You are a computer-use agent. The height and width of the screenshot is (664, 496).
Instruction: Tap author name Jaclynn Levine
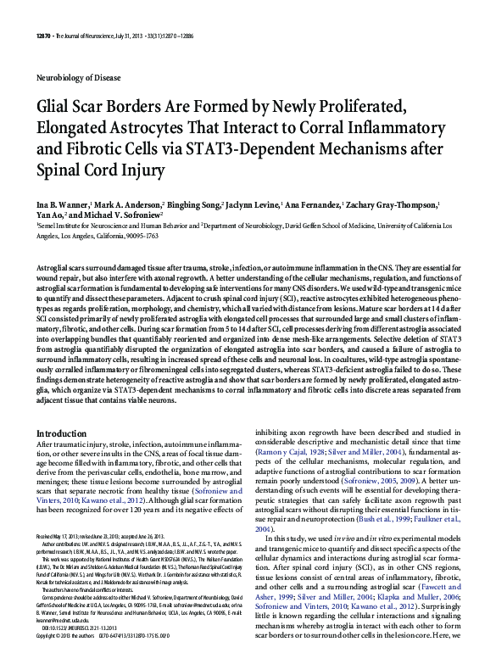(256, 206)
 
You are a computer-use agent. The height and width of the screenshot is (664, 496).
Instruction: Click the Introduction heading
(61, 433)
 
